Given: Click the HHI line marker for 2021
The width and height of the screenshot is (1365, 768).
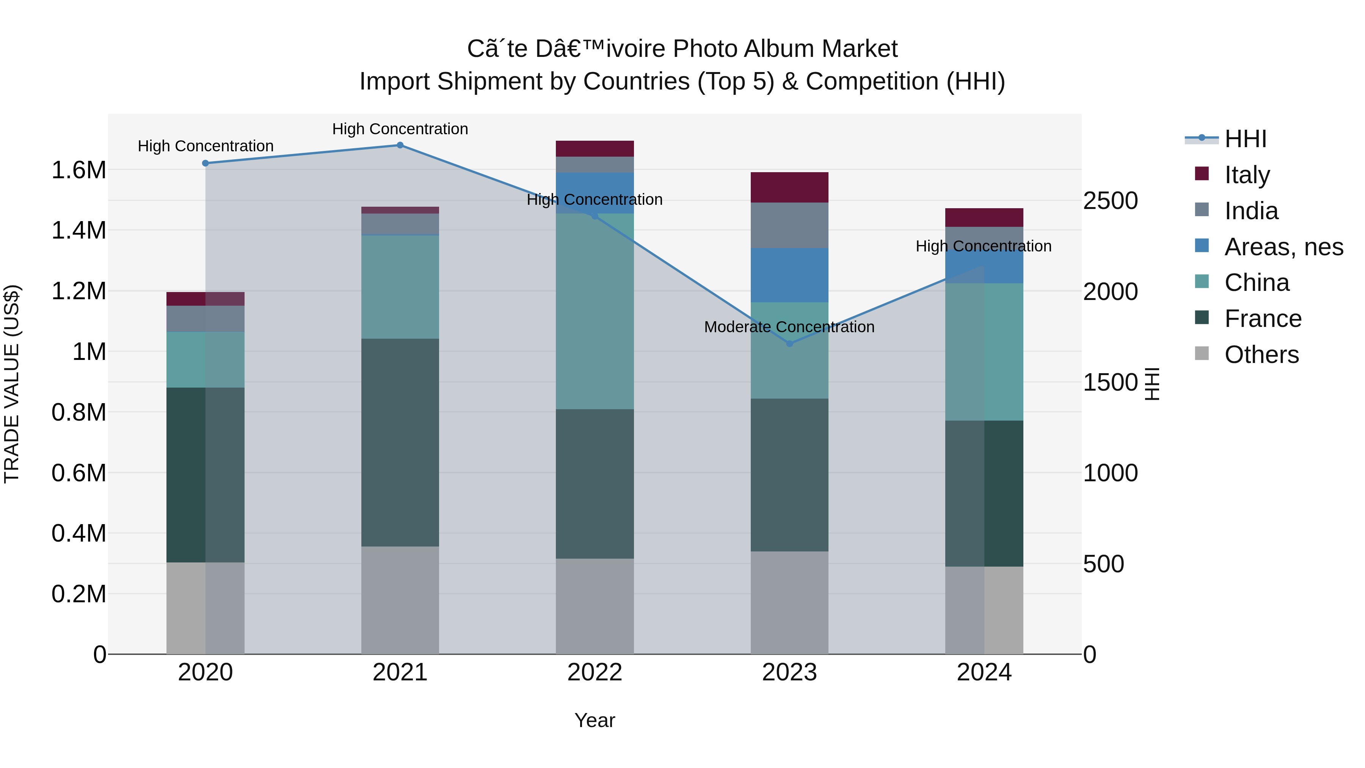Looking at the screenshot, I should click(x=400, y=145).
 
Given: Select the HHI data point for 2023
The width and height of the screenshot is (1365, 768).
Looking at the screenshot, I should click(x=789, y=344).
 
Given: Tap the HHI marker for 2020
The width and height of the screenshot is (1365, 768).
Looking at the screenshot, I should click(x=206, y=163).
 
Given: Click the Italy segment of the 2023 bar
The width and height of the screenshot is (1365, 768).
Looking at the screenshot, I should click(x=789, y=187).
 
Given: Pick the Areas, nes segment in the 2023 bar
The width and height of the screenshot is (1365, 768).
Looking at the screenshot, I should click(x=789, y=275).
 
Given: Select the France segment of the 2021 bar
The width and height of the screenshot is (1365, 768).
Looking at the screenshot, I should click(x=400, y=442).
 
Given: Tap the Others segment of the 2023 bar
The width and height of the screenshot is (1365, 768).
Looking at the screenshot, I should click(x=789, y=602).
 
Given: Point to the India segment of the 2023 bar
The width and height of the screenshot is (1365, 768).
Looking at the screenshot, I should click(x=789, y=225).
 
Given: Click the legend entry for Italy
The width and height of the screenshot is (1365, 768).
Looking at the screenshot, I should click(x=1247, y=174).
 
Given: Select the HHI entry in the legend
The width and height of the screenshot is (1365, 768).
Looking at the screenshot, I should click(x=1245, y=139).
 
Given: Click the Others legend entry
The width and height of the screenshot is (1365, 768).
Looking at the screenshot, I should click(x=1261, y=354).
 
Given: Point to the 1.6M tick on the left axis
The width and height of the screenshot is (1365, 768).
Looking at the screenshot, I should click(x=78, y=170).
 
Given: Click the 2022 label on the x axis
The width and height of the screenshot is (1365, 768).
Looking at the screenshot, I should click(x=595, y=672).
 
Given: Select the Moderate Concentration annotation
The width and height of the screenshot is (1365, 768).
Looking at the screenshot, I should click(x=789, y=327).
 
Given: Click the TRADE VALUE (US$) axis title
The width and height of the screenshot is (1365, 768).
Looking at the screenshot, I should click(x=12, y=384).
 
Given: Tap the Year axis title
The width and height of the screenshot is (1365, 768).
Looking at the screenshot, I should click(x=595, y=720).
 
